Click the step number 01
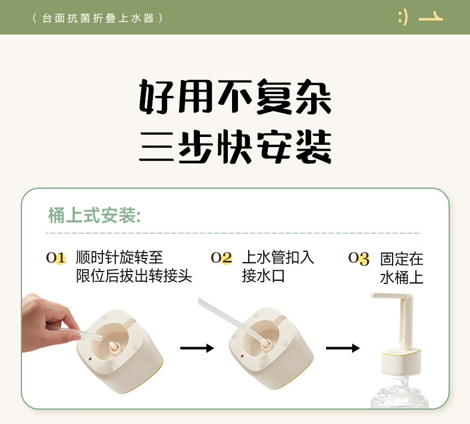(x=56, y=258)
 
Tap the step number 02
(x=221, y=258)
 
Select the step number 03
(x=359, y=258)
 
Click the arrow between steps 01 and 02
(x=197, y=348)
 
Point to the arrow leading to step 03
(x=343, y=348)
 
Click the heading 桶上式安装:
(x=95, y=215)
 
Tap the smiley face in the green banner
(x=403, y=18)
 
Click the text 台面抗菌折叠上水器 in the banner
(x=98, y=18)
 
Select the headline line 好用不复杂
(x=235, y=96)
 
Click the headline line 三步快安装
(x=235, y=147)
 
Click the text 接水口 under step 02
(x=263, y=276)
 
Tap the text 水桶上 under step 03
(x=402, y=278)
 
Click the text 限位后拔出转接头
(x=134, y=276)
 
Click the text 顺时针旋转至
(x=120, y=257)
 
